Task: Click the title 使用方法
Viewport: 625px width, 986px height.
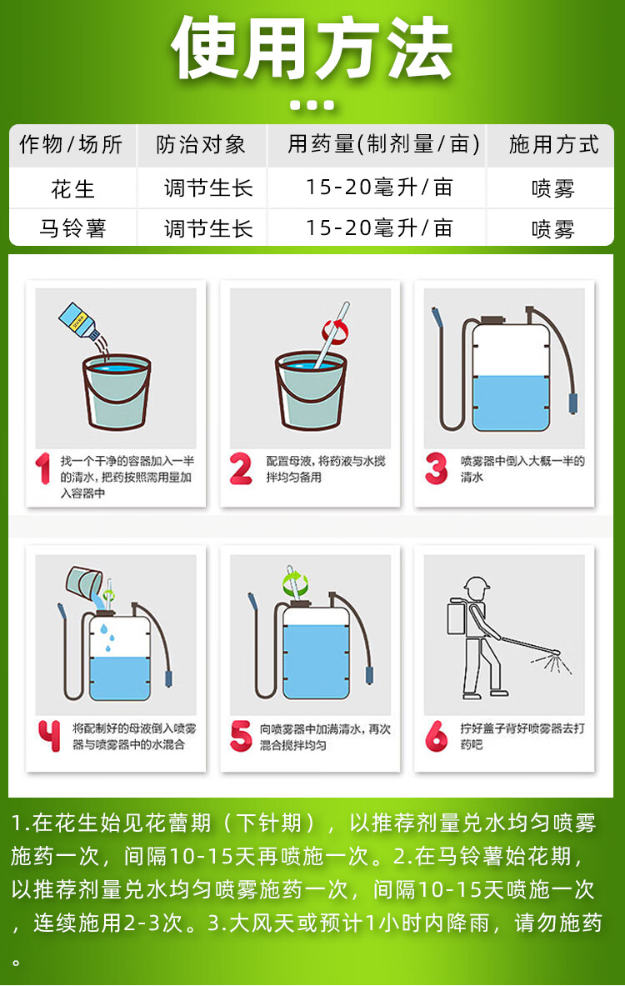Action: [312, 49]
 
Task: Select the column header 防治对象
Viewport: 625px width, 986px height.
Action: [201, 145]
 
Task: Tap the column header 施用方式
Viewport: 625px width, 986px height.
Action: [553, 145]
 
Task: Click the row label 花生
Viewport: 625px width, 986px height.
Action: [73, 188]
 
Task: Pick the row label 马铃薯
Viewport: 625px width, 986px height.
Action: [73, 228]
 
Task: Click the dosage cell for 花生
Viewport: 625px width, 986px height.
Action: [379, 188]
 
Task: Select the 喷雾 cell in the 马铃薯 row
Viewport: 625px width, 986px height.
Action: [553, 228]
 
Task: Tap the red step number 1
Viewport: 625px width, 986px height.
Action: [42, 469]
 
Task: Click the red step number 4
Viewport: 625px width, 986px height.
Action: [49, 736]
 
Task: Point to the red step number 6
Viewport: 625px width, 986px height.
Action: [437, 736]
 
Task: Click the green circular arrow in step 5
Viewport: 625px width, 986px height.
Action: [294, 583]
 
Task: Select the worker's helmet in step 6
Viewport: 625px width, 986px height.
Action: [476, 585]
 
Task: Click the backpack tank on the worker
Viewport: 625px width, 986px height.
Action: [457, 617]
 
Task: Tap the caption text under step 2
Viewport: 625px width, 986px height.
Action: [326, 469]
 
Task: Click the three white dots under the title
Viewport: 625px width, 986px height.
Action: [312, 105]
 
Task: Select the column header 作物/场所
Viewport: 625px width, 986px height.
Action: [71, 145]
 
